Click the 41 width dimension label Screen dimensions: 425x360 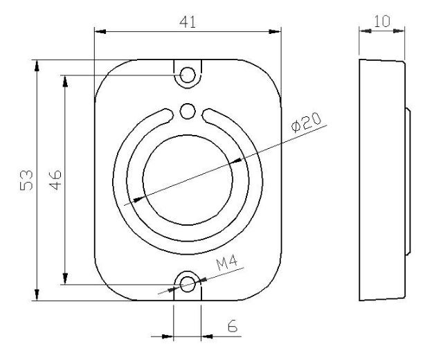coord(188,22)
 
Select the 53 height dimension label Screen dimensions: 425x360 coord(26,180)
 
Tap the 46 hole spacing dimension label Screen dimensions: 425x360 coord(55,180)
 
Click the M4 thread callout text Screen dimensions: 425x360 coord(227,262)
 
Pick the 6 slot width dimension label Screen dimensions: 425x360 coord(233,326)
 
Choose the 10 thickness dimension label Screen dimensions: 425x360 coord(382,21)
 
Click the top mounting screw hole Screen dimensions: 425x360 coord(188,75)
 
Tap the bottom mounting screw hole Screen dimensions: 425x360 coord(188,285)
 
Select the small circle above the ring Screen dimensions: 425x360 coord(188,111)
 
